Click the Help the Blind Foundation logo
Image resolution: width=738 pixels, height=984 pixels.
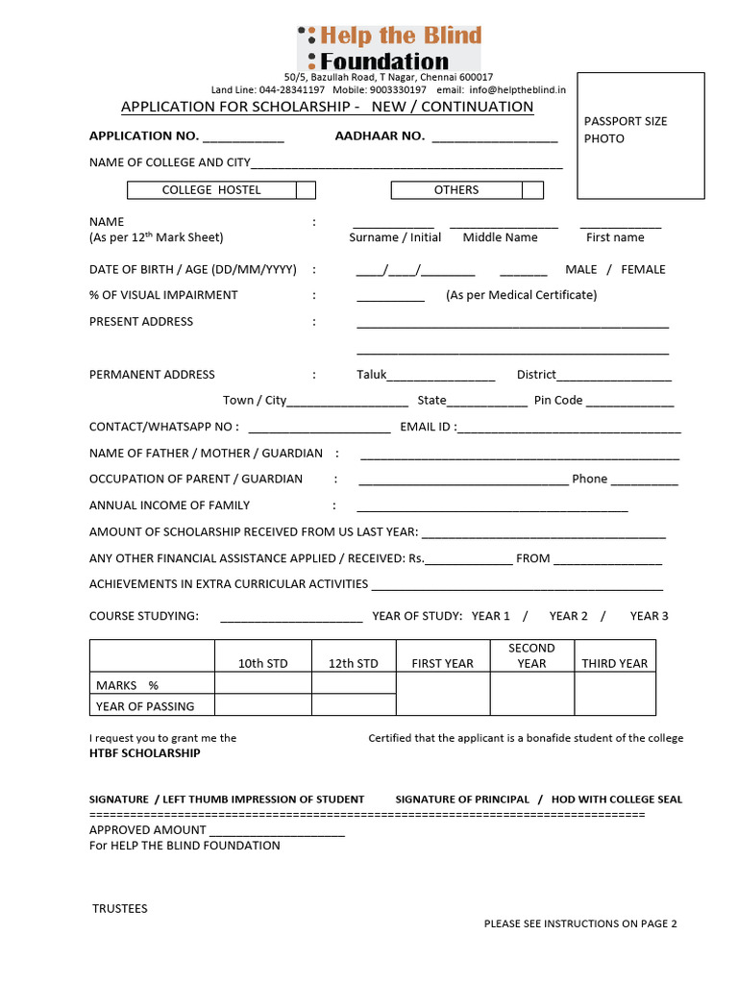point(389,48)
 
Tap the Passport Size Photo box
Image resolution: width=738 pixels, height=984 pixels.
point(633,135)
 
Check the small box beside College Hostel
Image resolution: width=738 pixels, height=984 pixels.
point(306,190)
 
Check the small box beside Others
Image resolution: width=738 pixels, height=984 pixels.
point(533,190)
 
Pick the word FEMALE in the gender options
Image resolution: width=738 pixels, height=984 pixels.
point(643,269)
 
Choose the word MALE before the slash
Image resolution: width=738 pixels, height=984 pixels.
point(580,269)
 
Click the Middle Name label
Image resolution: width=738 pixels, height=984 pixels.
point(500,237)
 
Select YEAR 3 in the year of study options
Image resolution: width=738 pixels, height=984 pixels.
point(649,616)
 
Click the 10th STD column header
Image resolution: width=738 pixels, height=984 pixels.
point(262,663)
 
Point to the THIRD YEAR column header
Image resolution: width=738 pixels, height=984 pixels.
point(614,663)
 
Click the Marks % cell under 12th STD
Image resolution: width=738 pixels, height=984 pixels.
point(354,683)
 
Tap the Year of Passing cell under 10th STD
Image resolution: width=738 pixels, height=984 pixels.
point(262,705)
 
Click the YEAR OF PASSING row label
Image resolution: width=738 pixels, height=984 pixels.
point(145,706)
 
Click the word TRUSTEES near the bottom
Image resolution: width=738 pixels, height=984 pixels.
point(120,908)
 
